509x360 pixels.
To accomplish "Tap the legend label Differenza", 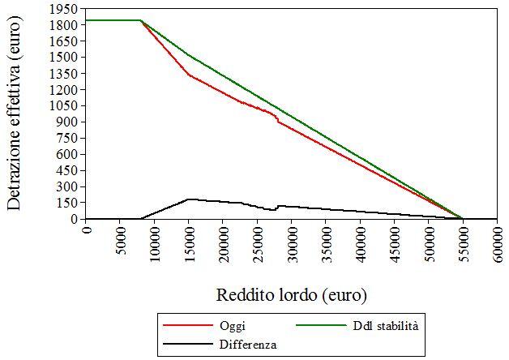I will coord(247,344).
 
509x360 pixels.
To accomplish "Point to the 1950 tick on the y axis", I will coord(67,9).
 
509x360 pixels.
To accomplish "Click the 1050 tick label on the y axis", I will coord(67,105).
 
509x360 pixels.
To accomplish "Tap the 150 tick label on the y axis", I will coord(71,203).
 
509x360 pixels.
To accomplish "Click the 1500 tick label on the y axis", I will coord(67,58).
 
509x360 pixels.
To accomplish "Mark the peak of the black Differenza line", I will coord(188,199).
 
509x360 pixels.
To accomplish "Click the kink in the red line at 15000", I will coord(189,75).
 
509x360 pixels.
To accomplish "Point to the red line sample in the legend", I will coord(186,325).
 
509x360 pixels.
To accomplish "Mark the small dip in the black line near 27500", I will coord(274,210).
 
